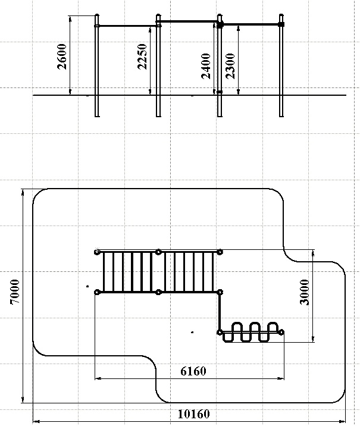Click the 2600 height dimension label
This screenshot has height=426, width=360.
click(x=62, y=57)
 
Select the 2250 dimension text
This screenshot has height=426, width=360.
click(x=142, y=57)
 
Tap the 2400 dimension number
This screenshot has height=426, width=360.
click(x=206, y=66)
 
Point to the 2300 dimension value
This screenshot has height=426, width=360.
click(x=230, y=66)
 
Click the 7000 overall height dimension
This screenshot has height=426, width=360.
click(x=15, y=292)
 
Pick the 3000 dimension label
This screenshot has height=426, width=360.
click(x=305, y=292)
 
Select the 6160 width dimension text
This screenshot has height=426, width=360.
click(x=193, y=371)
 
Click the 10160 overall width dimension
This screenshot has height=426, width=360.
click(x=194, y=414)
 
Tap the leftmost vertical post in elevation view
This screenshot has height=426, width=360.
click(x=97, y=65)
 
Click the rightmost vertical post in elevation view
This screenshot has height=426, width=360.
click(x=281, y=65)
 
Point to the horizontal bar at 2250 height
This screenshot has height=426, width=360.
click(x=128, y=26)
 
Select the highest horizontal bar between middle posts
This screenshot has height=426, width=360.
click(x=189, y=21)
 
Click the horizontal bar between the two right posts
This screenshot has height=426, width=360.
click(x=251, y=24)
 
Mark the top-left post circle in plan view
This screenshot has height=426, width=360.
click(x=97, y=252)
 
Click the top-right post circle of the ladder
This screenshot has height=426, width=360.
click(x=220, y=252)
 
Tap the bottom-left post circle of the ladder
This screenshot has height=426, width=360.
click(x=97, y=292)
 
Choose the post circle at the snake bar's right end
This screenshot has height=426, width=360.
click(x=281, y=332)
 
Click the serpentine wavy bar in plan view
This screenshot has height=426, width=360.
click(x=251, y=332)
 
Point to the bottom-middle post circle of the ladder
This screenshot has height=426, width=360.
click(x=158, y=292)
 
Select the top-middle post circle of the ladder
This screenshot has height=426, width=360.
click(x=158, y=252)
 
